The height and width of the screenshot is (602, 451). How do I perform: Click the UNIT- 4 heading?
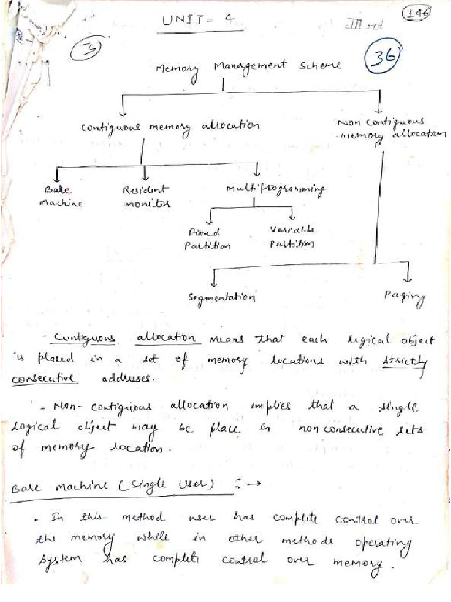point(198,21)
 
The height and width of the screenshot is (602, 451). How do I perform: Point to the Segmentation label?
point(221,297)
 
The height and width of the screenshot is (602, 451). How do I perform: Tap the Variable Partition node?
point(291,236)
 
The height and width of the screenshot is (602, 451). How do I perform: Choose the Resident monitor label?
point(146,196)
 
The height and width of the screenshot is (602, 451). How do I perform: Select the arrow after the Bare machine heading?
point(254,484)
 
